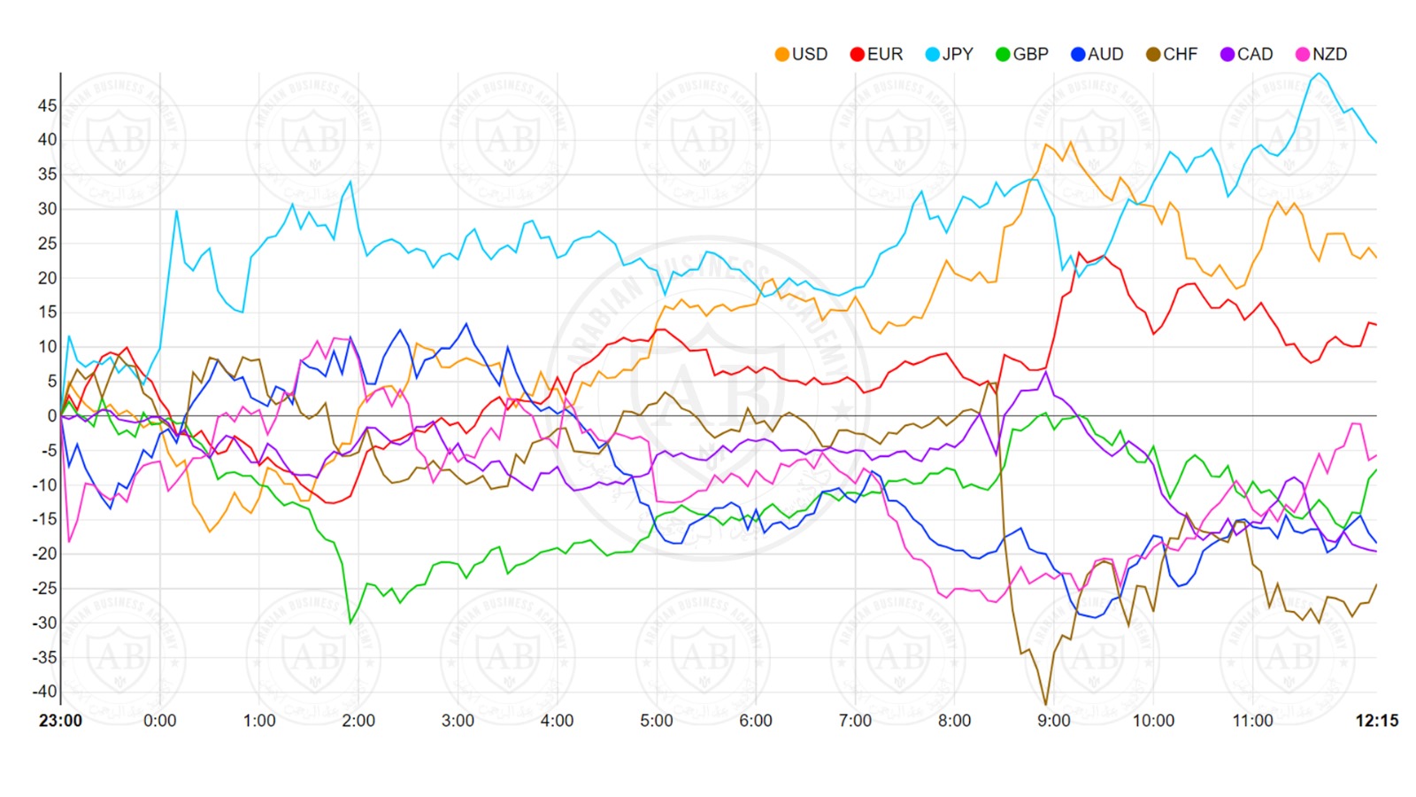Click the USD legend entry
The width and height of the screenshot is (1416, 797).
801,54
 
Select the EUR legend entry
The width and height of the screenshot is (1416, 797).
876,54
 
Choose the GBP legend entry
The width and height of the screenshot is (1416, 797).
1022,54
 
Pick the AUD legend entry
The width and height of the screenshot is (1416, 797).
1097,54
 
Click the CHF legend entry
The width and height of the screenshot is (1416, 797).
1172,54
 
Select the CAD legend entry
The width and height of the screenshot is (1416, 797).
1246,54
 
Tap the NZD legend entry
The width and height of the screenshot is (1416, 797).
1321,54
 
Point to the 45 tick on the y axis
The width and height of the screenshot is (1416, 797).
47,105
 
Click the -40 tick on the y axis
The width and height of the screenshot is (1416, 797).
44,692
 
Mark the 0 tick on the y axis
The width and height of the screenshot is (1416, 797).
52,415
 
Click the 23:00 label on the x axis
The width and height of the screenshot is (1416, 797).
60,721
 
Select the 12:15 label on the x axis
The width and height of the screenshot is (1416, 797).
1377,721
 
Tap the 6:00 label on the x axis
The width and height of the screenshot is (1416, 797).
756,721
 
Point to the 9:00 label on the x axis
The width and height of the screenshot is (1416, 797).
1054,721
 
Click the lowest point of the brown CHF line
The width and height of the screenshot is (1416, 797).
1046,704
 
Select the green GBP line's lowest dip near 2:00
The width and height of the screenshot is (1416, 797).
350,623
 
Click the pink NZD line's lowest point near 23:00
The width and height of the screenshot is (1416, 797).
69,541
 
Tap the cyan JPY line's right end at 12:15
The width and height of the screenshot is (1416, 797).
1376,142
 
